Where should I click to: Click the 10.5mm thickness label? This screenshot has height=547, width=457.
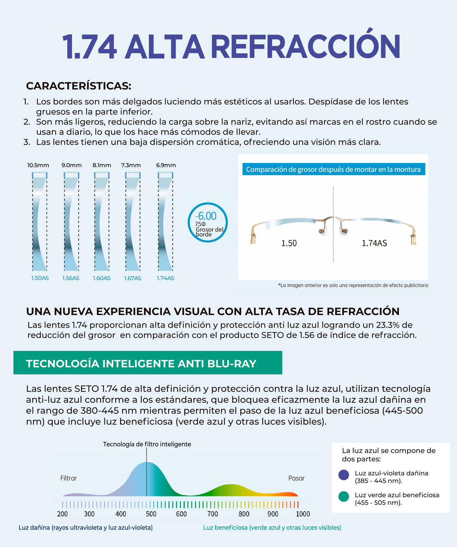[x=38, y=165]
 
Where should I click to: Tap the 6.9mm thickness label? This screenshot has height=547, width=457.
[x=166, y=165]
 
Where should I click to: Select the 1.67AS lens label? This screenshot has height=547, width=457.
[x=132, y=278]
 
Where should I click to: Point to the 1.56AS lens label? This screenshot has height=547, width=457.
[x=71, y=278]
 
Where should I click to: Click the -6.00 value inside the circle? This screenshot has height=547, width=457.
[x=206, y=216]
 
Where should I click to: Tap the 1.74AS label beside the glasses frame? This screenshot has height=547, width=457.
[x=374, y=243]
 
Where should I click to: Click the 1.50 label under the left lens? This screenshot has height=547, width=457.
[x=289, y=243]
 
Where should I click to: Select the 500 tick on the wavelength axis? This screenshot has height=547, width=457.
[x=151, y=514]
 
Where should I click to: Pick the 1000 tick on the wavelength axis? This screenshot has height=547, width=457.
[x=303, y=514]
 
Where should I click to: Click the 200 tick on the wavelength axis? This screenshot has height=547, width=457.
[x=62, y=514]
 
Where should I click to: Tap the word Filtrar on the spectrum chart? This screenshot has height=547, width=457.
[x=68, y=478]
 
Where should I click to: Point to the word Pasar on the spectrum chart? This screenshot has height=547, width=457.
[x=296, y=478]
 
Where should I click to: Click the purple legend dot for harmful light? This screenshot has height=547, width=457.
[x=344, y=475]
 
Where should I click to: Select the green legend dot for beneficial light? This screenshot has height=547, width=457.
[x=344, y=497]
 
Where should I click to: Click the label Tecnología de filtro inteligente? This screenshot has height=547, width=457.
[x=147, y=444]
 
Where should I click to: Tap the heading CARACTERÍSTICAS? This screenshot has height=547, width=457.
[x=78, y=86]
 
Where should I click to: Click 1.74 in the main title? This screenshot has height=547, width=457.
[x=89, y=47]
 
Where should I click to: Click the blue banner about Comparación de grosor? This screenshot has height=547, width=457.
[x=333, y=170]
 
